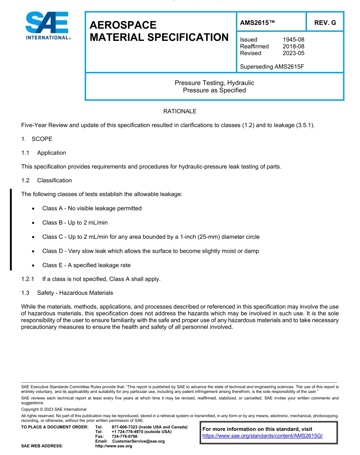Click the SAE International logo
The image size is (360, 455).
[48, 26]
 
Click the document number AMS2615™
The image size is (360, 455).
[257, 23]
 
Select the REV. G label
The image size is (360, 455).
[325, 23]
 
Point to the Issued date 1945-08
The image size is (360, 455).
[293, 40]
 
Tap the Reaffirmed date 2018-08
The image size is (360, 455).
[293, 47]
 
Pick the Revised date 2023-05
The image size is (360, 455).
[293, 53]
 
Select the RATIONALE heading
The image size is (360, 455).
[180, 111]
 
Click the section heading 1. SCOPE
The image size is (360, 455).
[37, 139]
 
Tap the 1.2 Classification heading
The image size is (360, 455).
[47, 181]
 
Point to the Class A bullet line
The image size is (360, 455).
[92, 209]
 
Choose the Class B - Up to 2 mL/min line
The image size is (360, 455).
[75, 223]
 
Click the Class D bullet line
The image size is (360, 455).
[150, 251]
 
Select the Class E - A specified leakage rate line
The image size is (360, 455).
[86, 265]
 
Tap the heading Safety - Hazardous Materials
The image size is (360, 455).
[75, 293]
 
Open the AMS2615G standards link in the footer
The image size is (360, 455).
[262, 436]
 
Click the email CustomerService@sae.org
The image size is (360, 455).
[138, 441]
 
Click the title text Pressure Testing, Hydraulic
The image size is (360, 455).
[214, 83]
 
